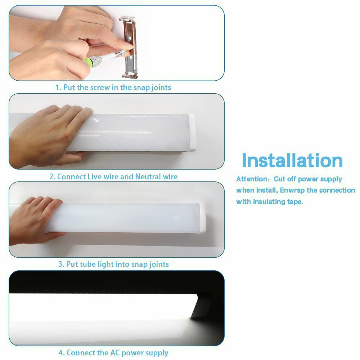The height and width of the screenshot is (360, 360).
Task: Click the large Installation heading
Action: point(292,160)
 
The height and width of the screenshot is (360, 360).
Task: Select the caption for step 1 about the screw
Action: point(113,87)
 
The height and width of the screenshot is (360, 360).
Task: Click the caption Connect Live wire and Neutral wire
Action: point(113,177)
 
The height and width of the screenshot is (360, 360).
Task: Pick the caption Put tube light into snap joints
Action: point(113,264)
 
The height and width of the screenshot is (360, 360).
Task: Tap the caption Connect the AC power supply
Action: point(113,352)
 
